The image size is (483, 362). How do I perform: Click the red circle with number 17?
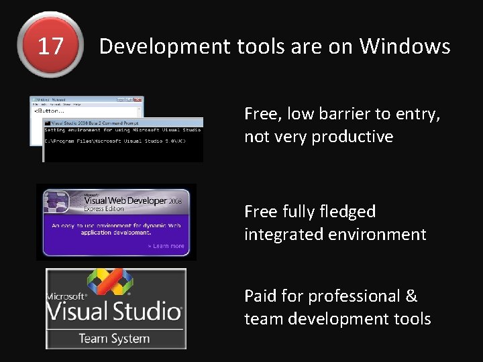(x=50, y=46)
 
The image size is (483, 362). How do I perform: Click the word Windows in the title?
(x=405, y=46)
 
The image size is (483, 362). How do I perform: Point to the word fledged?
(x=345, y=212)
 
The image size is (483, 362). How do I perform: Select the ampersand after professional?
(x=411, y=296)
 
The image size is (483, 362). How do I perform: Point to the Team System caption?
(x=114, y=338)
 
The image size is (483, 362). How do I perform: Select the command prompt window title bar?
(x=123, y=123)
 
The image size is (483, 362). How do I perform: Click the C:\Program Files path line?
(x=115, y=141)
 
